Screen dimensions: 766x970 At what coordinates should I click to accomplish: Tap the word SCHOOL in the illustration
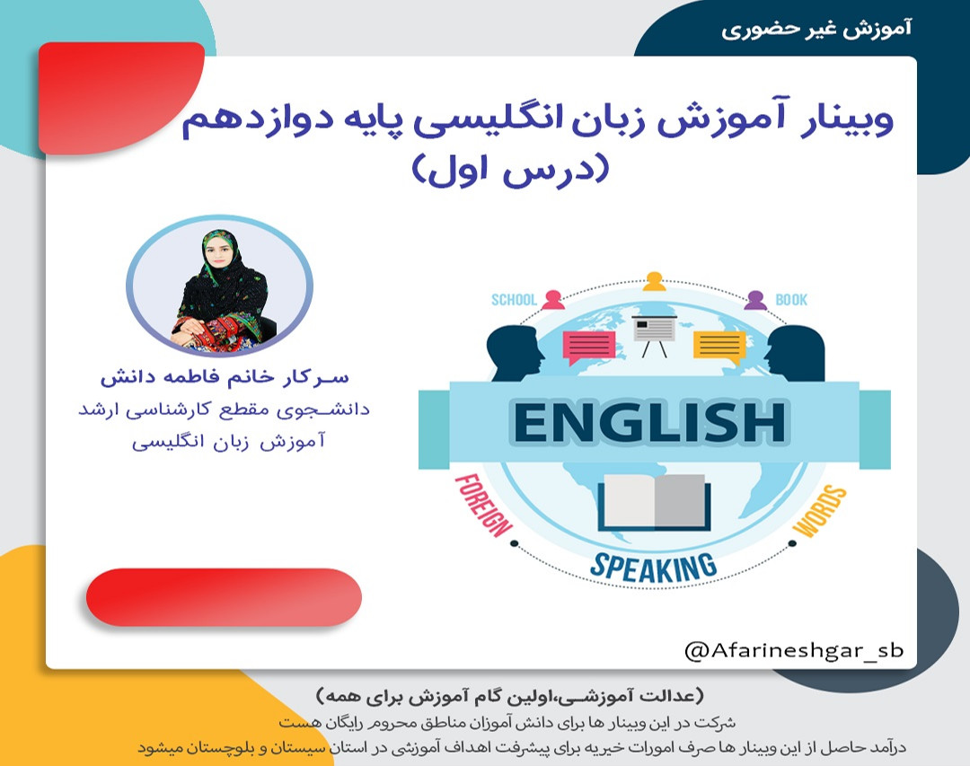(513, 300)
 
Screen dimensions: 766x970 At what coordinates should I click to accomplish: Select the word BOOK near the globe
(791, 300)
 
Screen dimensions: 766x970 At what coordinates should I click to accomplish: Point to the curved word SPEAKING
(654, 566)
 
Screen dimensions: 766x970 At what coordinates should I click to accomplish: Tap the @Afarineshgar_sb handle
(793, 650)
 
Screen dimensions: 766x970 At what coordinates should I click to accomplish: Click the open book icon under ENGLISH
(655, 503)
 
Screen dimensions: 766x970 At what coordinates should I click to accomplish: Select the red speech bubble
(589, 346)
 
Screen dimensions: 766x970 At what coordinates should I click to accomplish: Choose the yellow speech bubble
(719, 346)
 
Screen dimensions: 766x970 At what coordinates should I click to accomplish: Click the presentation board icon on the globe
(654, 331)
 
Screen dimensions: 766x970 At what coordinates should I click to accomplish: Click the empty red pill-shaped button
(224, 596)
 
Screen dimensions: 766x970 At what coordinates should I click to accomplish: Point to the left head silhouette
(516, 353)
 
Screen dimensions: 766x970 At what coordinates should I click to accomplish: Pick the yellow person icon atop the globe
(654, 281)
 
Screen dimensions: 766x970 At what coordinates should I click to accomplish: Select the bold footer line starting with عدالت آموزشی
(511, 697)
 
